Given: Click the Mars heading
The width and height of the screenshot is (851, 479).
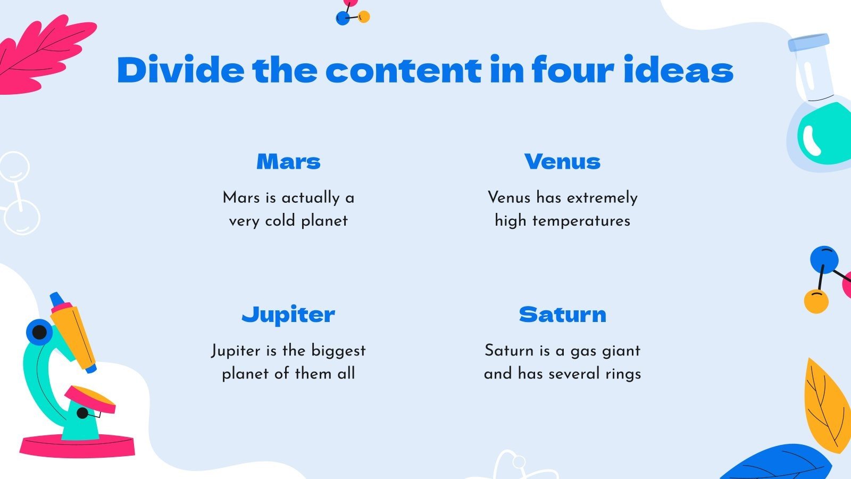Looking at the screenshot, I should pos(288,161).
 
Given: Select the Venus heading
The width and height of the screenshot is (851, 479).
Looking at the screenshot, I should pos(562,161).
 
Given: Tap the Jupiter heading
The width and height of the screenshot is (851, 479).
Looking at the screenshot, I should pos(288,315).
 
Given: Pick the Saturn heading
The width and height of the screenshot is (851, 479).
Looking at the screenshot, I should pos(562,315).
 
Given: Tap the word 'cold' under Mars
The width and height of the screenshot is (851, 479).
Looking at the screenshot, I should pos(280,220).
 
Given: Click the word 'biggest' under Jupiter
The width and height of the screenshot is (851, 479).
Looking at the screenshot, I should pos(338,350).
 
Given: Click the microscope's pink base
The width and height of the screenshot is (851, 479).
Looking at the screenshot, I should pos(77,446).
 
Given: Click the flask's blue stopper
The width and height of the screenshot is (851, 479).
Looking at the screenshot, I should pos(808,43).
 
